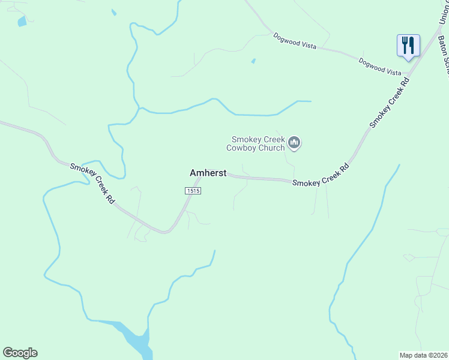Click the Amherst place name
(208, 173)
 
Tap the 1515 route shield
(192, 190)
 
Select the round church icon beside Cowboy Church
(294, 143)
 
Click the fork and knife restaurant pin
(408, 46)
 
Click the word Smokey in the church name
(246, 139)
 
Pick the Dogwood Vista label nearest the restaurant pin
(380, 67)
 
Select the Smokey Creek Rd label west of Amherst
(92, 184)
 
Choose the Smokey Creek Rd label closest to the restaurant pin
(390, 102)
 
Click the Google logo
(20, 353)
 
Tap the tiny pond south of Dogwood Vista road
(253, 61)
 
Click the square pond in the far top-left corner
(22, 22)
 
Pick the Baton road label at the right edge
(444, 54)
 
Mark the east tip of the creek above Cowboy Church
(310, 101)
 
